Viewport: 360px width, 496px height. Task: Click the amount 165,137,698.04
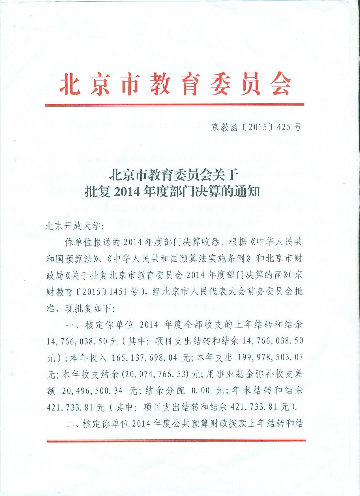tap(144, 358)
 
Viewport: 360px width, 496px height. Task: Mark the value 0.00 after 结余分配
tap(201, 391)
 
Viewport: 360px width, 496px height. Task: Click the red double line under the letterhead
tap(175, 105)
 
